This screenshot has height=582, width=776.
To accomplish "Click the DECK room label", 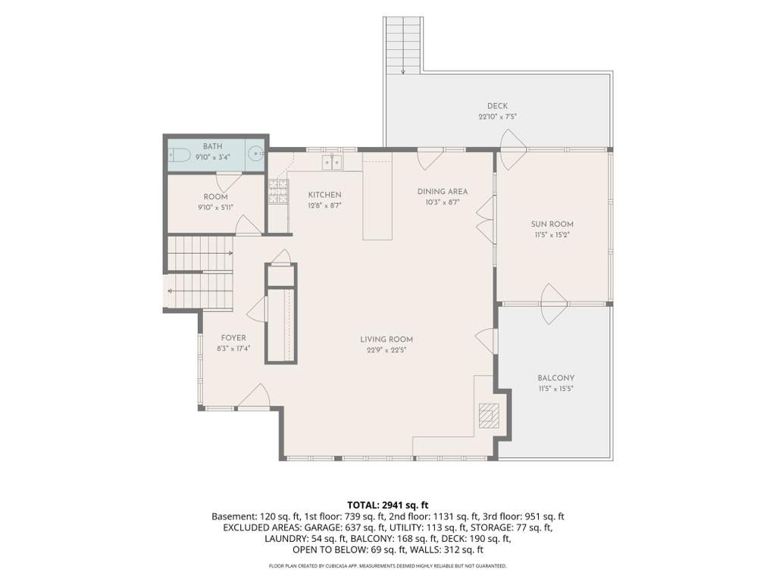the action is [497, 106].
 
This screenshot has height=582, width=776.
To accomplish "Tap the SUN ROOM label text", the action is [552, 224].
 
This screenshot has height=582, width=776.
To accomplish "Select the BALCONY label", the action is [555, 378].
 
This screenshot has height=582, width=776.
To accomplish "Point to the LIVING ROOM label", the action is [386, 339].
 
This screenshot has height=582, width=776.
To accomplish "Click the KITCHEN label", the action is [324, 195].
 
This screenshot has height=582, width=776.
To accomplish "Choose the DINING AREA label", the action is [443, 192].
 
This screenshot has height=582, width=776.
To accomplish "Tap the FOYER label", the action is [233, 338].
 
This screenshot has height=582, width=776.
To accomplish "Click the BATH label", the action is [213, 146].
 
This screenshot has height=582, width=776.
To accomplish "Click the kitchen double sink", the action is [332, 162].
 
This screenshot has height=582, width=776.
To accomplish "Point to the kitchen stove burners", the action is [278, 192].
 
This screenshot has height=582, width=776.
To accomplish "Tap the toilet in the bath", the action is [180, 155].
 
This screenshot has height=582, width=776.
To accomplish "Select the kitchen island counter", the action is [377, 196].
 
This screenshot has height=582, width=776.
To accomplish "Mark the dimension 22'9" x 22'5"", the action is [386, 350].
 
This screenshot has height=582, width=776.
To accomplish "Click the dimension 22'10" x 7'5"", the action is [497, 117].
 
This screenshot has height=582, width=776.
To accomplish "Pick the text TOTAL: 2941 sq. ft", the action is [387, 505].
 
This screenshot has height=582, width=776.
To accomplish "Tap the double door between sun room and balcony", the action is [554, 304].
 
